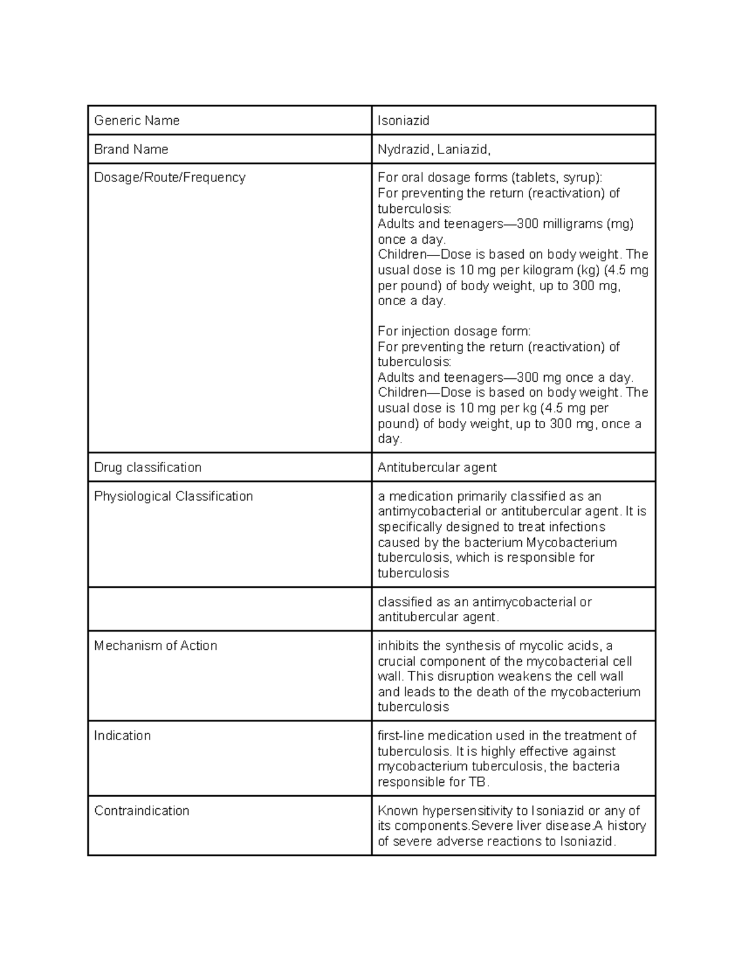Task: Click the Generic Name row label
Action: [x=137, y=121]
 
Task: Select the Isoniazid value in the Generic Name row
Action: [x=403, y=121]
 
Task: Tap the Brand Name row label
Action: [x=131, y=149]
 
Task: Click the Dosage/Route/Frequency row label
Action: [x=169, y=178]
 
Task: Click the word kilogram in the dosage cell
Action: [x=548, y=270]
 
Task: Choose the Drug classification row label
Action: [x=148, y=467]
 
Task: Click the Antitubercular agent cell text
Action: [x=437, y=467]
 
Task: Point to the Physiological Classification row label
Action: [x=173, y=496]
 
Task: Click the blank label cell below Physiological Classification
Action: [x=229, y=609]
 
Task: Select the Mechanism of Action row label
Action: [x=155, y=645]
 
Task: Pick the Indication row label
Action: [x=122, y=736]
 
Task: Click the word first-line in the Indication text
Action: [x=401, y=736]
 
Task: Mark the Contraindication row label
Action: [x=142, y=811]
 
